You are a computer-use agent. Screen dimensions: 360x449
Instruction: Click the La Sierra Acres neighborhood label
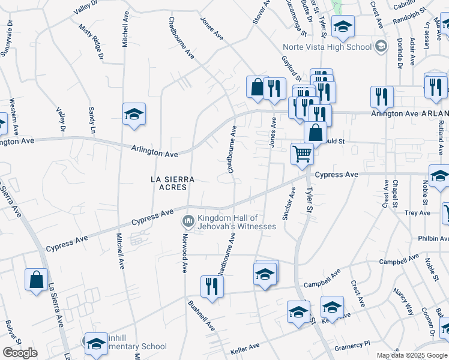(169, 183)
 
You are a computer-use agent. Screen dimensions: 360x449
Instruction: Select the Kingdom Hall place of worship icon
(188, 222)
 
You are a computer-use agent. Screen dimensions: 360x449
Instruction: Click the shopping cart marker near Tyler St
(303, 154)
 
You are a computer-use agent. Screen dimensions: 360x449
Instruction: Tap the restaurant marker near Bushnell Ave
(212, 286)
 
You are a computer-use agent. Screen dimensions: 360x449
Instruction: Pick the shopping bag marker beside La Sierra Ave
(36, 279)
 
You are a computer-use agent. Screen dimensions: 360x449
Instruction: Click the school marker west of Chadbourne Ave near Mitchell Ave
(134, 114)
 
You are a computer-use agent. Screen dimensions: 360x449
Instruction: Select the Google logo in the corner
(20, 353)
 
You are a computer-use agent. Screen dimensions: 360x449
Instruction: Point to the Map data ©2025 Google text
(411, 355)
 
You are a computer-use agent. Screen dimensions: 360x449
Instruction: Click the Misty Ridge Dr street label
(91, 41)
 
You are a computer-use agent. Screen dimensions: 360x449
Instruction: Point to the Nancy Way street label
(403, 302)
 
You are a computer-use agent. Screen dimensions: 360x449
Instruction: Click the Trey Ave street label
(417, 213)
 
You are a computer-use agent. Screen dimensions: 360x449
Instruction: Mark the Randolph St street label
(409, 17)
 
